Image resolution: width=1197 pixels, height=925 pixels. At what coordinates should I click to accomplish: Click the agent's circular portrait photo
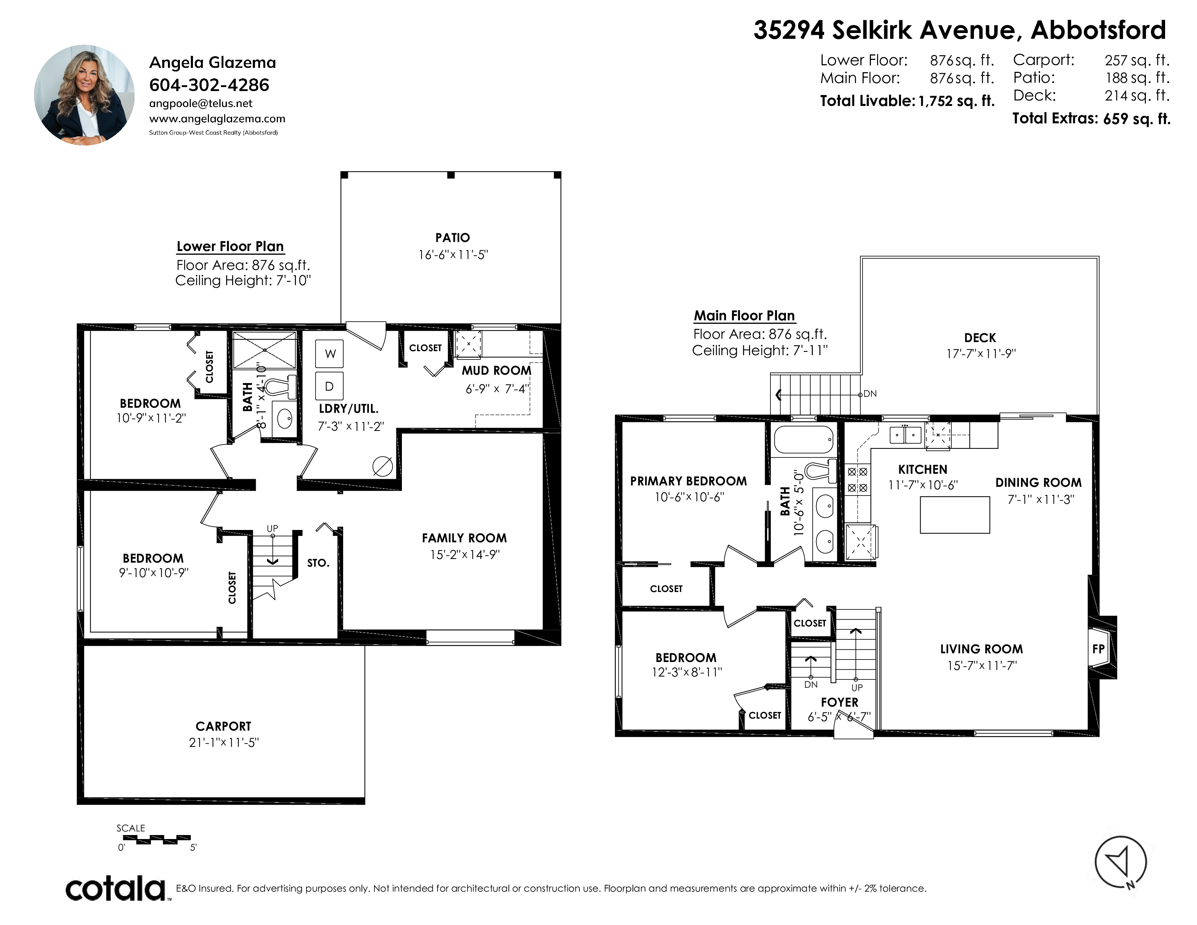pos(85,95)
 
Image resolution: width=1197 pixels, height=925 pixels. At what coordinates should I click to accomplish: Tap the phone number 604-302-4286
pos(209,85)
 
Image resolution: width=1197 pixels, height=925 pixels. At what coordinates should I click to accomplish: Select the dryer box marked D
pos(329,386)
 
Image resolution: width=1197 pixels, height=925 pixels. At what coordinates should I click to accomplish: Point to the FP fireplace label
pos(1098,649)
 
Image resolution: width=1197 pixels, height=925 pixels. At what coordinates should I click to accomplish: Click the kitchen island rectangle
pos(955,515)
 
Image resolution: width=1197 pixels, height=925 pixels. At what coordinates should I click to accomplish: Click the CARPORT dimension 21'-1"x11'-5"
pos(223,743)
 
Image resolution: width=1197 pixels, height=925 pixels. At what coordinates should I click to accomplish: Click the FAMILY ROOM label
pos(464,538)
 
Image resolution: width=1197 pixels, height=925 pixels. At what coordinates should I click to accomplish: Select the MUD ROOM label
pos(497,370)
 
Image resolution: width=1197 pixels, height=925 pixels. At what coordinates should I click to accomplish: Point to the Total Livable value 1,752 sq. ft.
pos(957,101)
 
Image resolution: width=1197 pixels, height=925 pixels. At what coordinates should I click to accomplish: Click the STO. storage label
pos(318,563)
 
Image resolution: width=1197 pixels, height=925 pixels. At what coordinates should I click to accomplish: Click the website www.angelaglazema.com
pos(217,118)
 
